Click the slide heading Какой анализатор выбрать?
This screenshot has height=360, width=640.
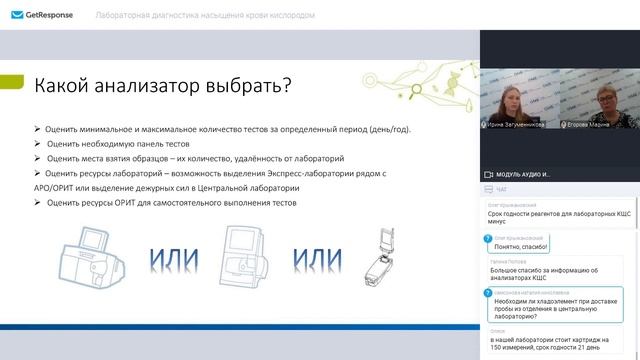pyautogui.click(x=163, y=86)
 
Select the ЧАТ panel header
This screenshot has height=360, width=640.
pyautogui.click(x=501, y=188)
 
